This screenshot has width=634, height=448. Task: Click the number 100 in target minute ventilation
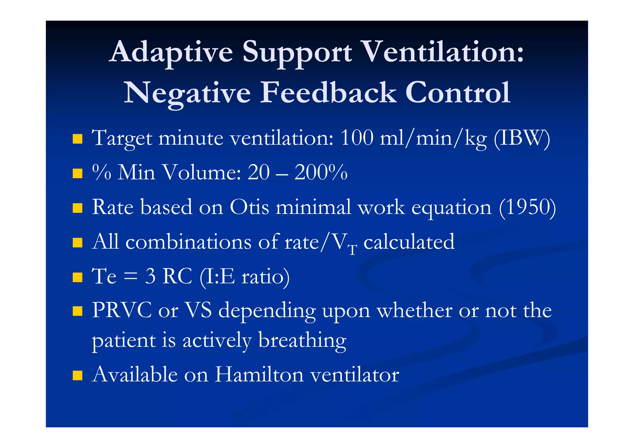click(x=357, y=138)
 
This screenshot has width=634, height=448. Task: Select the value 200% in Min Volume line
click(x=321, y=172)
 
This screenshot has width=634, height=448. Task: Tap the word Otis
click(x=249, y=207)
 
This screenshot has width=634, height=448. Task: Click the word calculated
click(x=409, y=242)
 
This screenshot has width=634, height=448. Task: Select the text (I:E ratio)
click(x=245, y=276)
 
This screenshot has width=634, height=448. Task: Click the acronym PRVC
click(x=122, y=310)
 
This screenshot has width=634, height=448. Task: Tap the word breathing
click(x=302, y=341)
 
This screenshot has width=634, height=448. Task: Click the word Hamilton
click(x=259, y=375)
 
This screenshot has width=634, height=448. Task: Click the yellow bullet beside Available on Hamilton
click(x=77, y=375)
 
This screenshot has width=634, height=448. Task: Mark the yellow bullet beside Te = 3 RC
click(x=77, y=277)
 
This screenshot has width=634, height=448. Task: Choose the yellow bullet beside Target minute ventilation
click(x=77, y=139)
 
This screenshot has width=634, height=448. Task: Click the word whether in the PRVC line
click(x=414, y=310)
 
